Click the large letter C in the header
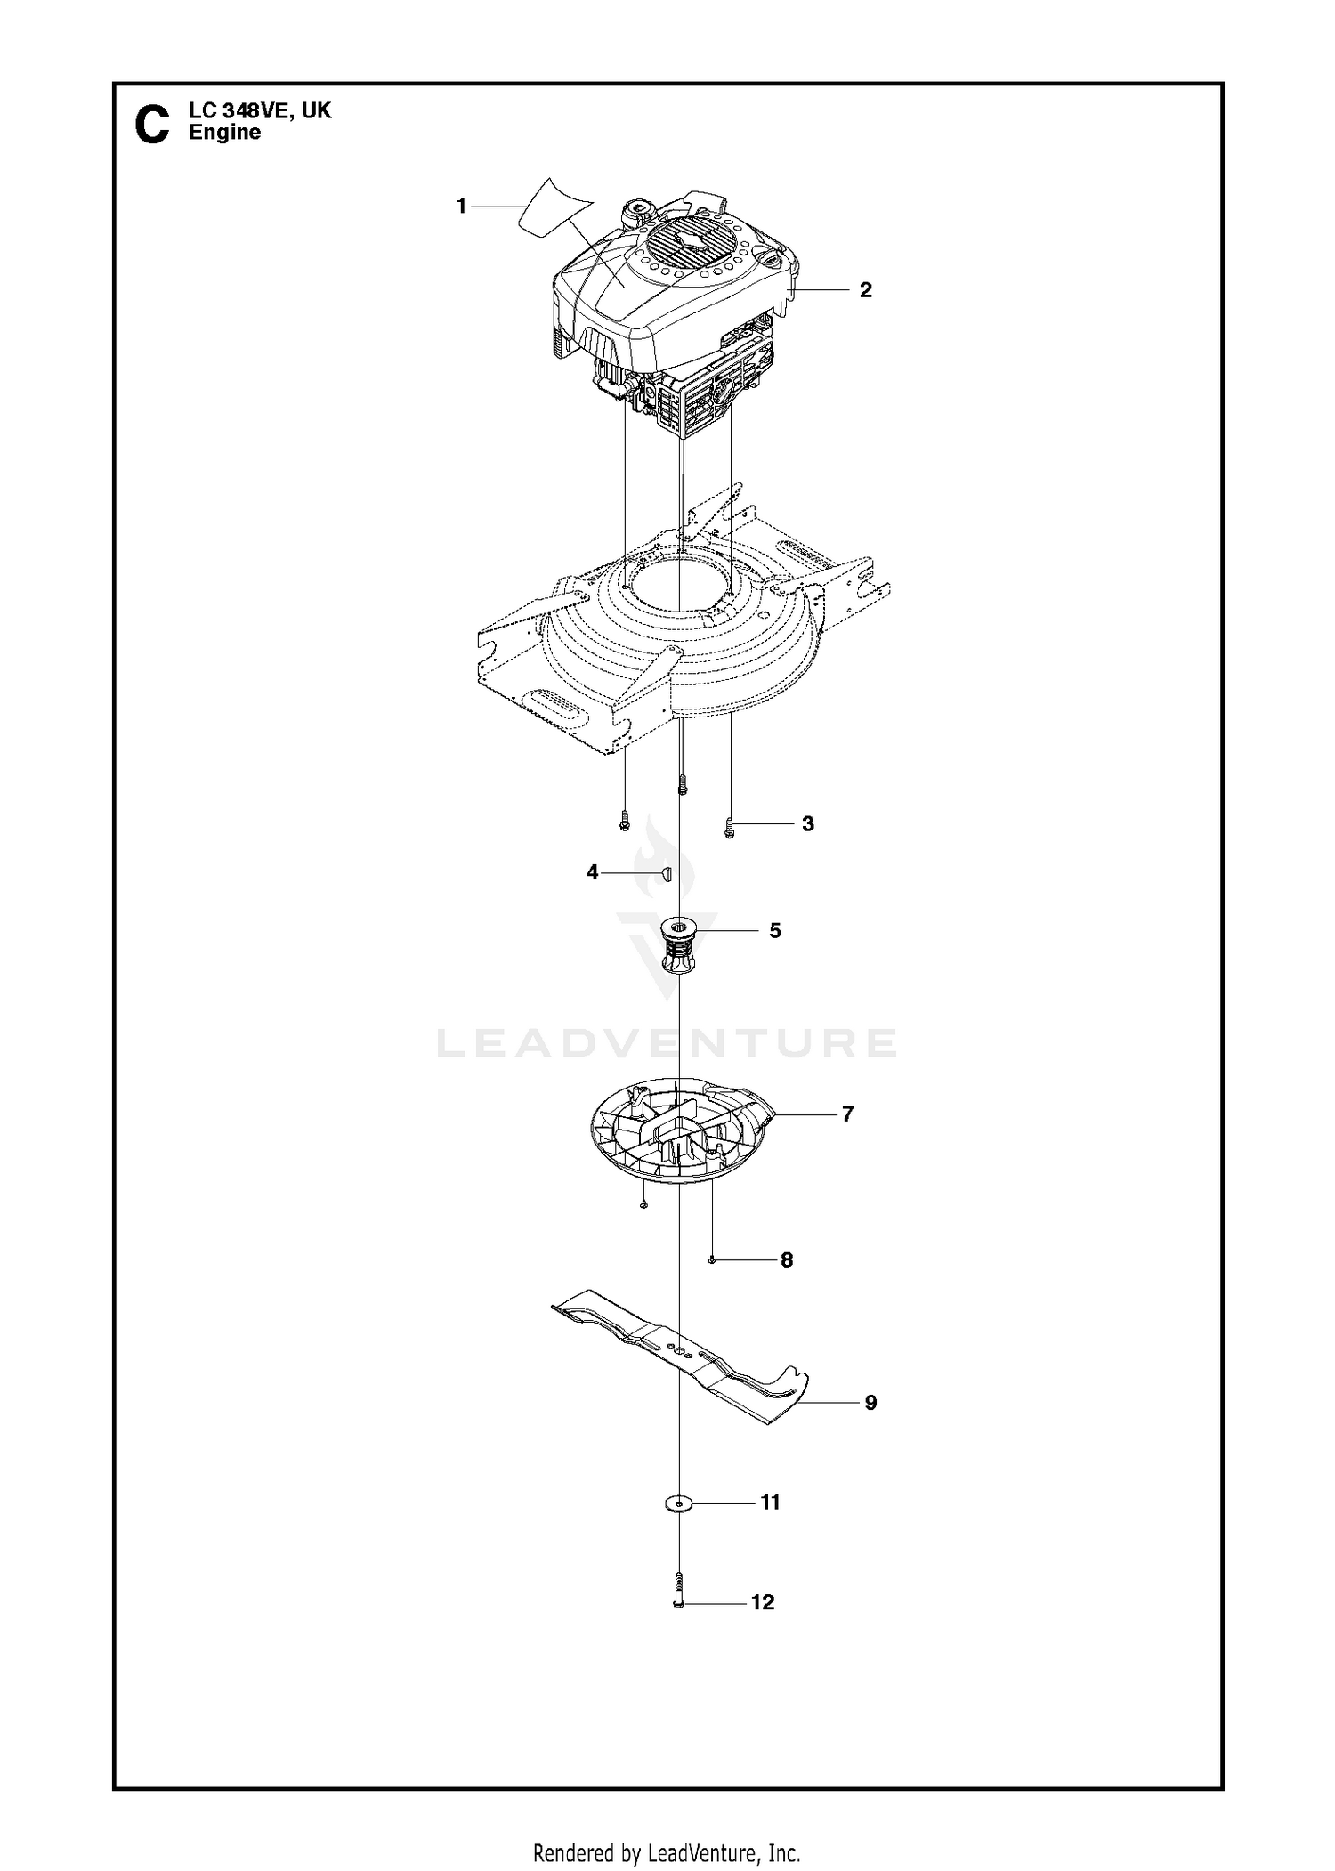(151, 125)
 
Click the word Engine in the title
(225, 134)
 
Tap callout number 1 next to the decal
(461, 207)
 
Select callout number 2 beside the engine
(866, 290)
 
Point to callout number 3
(808, 824)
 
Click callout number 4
(593, 873)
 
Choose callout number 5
(775, 931)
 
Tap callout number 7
(847, 1114)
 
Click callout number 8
(787, 1260)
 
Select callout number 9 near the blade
(871, 1403)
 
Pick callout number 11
(771, 1502)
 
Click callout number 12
(764, 1603)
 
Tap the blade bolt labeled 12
(679, 1591)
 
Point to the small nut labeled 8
(713, 1259)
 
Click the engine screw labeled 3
(730, 828)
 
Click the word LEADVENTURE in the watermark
(667, 1043)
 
